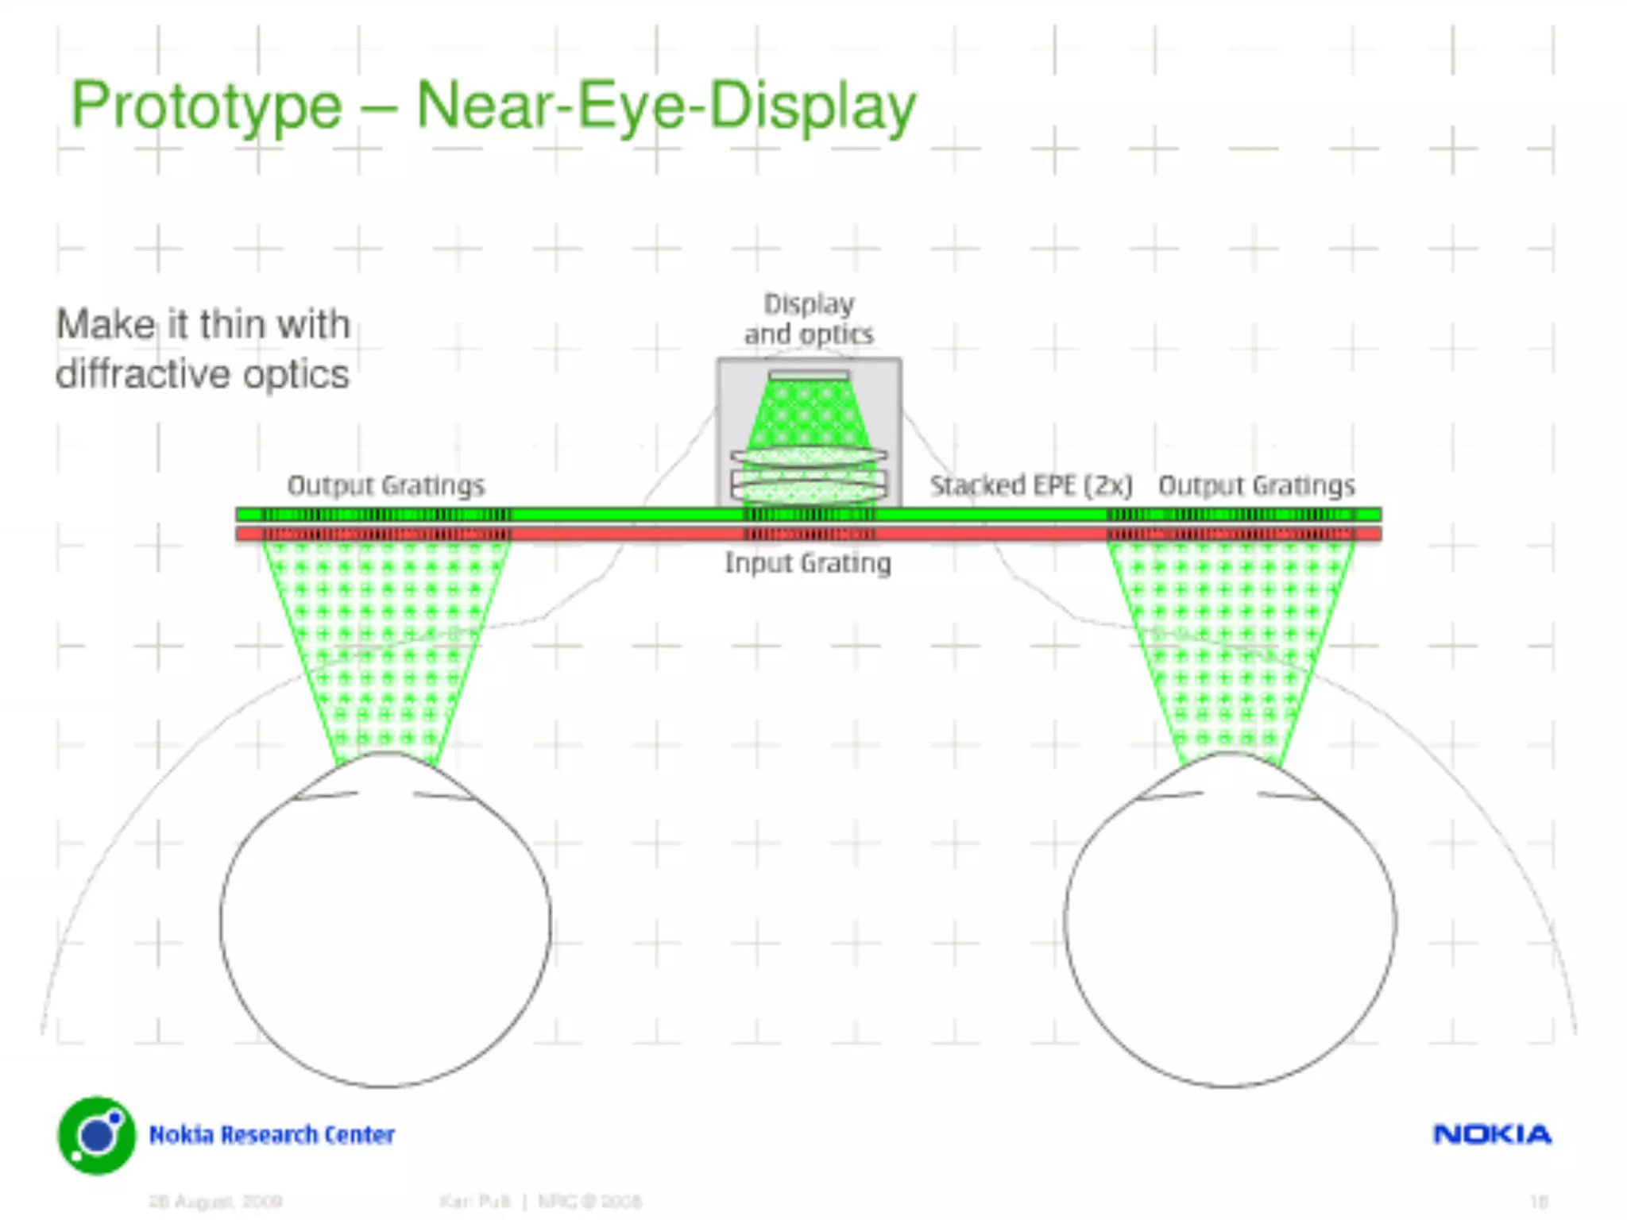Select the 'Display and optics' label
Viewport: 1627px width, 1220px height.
click(x=809, y=319)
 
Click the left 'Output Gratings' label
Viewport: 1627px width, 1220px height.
click(x=386, y=485)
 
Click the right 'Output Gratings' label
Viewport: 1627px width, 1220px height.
click(x=1257, y=485)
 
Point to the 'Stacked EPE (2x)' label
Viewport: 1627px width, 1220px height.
click(x=1031, y=485)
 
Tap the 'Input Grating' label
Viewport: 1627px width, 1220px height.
click(x=808, y=563)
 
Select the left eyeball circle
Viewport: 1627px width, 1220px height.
click(x=386, y=921)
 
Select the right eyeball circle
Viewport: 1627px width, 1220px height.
click(x=1230, y=921)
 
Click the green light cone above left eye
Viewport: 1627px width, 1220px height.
click(x=386, y=635)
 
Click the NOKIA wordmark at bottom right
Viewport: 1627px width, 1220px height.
click(x=1492, y=1134)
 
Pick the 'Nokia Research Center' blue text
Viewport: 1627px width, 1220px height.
click(x=272, y=1135)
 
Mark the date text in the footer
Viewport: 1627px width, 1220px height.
click(x=216, y=1201)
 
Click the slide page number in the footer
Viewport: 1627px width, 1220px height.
click(x=1539, y=1201)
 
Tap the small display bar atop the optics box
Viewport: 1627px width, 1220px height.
click(x=809, y=376)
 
